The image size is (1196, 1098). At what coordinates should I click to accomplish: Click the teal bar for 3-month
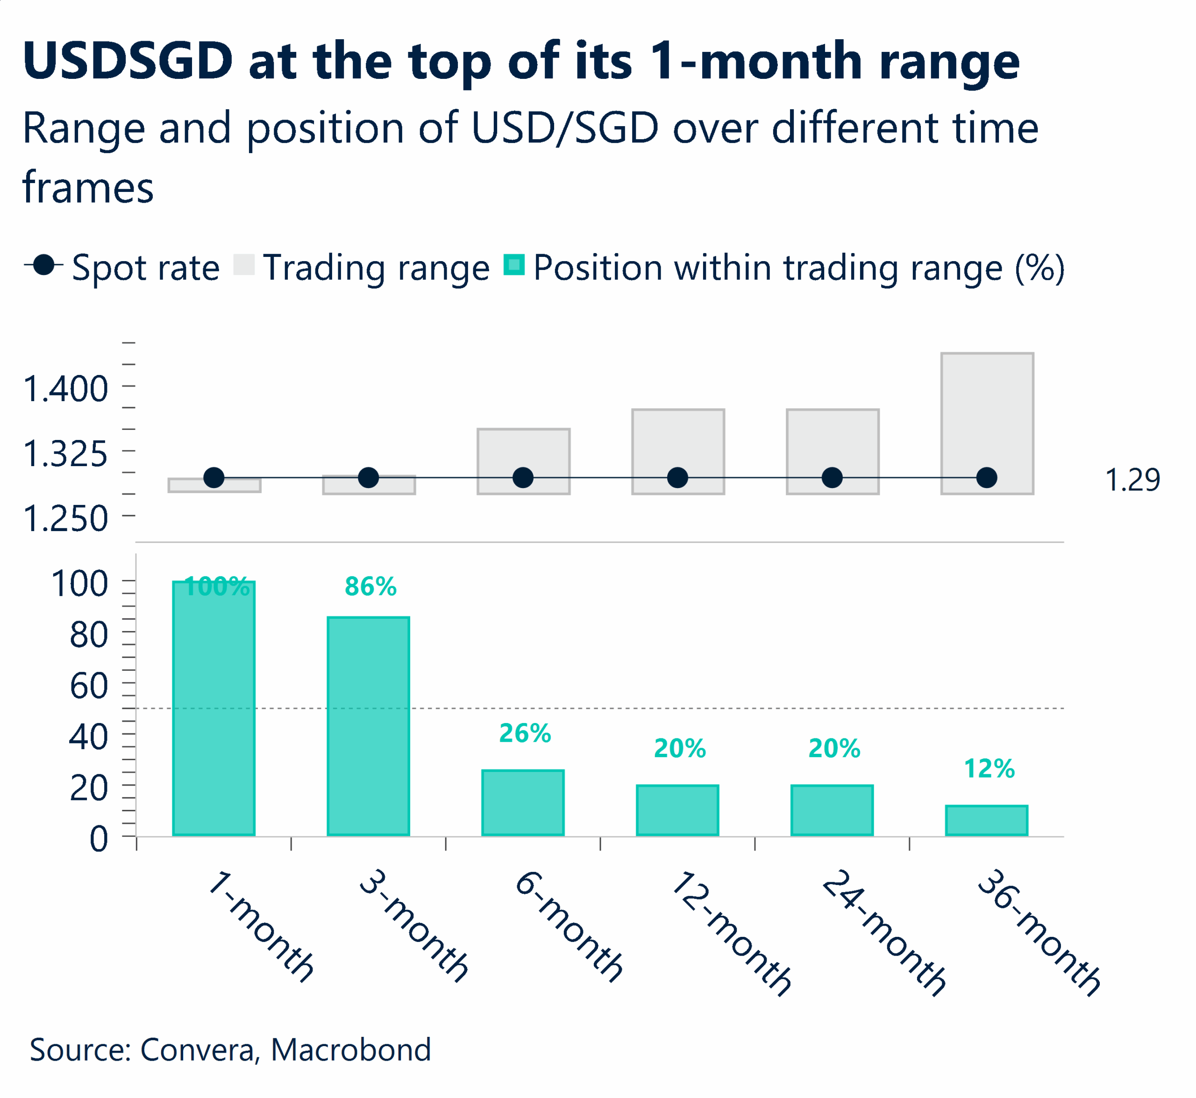click(x=368, y=726)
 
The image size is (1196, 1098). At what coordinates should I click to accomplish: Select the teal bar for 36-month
click(x=986, y=821)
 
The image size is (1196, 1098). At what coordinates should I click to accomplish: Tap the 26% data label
click(x=524, y=733)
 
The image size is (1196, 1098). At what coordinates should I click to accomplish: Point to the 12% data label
click(x=989, y=769)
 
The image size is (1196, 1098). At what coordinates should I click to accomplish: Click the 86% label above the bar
click(x=370, y=587)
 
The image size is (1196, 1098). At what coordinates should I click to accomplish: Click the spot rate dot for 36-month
click(x=986, y=478)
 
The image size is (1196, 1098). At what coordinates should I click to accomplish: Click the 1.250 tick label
click(x=65, y=519)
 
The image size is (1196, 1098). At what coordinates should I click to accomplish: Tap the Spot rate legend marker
click(x=43, y=265)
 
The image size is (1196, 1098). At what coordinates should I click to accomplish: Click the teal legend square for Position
click(x=513, y=265)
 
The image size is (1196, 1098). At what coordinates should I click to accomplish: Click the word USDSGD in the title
click(x=128, y=61)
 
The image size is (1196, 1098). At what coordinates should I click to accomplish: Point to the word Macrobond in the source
click(x=351, y=1050)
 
